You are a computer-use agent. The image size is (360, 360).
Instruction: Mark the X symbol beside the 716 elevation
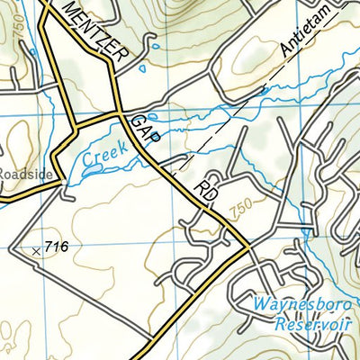coord(36,251)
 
